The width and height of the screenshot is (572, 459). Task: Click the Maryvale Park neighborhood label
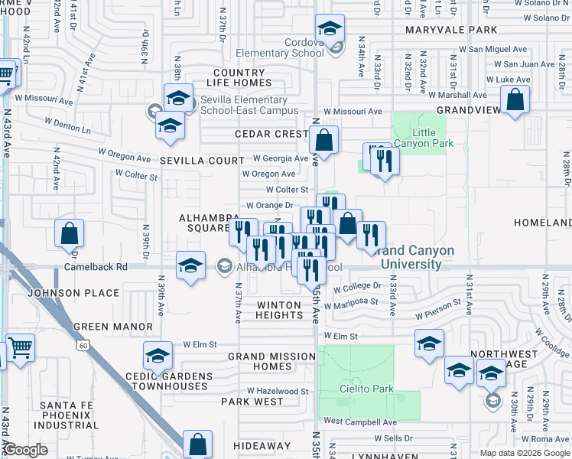coord(451,31)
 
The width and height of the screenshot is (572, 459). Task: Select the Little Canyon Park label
coord(423,138)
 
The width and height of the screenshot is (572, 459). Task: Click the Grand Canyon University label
coord(415,257)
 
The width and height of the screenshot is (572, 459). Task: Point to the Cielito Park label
coord(366,389)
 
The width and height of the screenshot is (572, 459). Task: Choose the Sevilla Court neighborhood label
coord(202,161)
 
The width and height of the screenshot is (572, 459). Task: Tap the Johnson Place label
coord(73,293)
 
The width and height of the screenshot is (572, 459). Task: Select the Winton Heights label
coord(279,310)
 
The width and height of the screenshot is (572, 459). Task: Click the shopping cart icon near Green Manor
coord(20,349)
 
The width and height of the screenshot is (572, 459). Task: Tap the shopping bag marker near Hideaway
coord(198,444)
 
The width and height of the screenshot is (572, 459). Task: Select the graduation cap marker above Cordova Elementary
coord(330,29)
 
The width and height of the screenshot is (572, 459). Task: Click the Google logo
coord(26,450)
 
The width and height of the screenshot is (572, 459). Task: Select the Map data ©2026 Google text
coord(524,453)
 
